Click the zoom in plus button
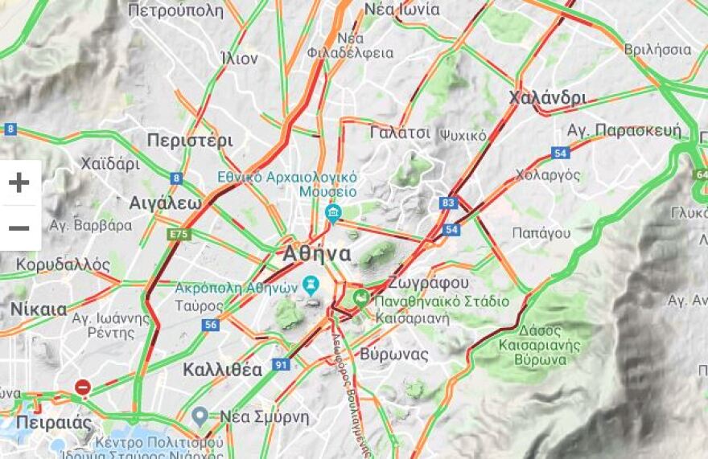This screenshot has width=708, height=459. (19, 182)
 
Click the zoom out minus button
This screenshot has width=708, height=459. (19, 228)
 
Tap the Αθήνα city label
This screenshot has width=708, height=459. (317, 254)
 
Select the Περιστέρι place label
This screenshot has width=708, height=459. (190, 141)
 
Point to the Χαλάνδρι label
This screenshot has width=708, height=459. (547, 98)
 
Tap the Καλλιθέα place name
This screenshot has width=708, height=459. (223, 370)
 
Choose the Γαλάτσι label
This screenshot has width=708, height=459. (401, 133)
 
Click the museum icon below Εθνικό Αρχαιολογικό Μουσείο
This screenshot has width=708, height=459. (332, 212)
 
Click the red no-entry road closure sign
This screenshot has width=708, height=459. (82, 387)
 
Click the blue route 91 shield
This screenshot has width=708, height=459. (280, 364)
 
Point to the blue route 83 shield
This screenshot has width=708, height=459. (448, 203)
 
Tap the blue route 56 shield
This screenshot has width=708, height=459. (210, 325)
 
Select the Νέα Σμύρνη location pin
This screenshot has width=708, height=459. (200, 416)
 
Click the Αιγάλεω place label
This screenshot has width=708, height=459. (165, 203)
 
